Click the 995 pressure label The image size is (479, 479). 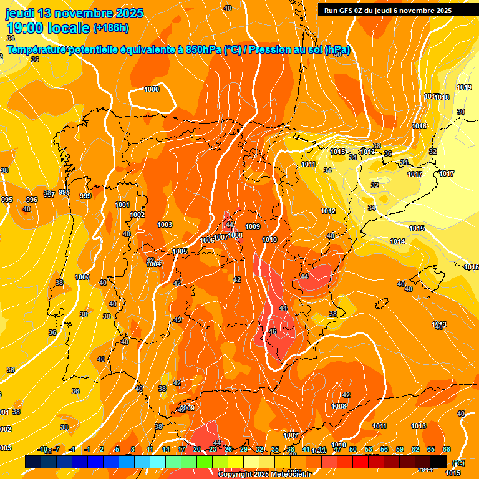point(7,200)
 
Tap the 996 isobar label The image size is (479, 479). point(32,200)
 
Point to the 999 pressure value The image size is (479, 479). point(85,196)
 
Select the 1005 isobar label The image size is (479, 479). point(180,251)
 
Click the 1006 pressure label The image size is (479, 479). point(206,240)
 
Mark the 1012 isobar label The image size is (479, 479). point(328,211)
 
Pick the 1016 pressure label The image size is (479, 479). point(419,126)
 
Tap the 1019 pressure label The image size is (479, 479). point(463,87)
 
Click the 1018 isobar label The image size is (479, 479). point(442,97)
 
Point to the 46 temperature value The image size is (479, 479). point(272,331)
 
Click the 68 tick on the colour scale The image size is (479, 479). point(447,449)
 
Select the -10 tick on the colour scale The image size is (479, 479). point(43,449)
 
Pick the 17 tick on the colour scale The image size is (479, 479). point(181,449)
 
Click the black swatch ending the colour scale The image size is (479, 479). point(438,462)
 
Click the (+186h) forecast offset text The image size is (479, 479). point(111,28)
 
